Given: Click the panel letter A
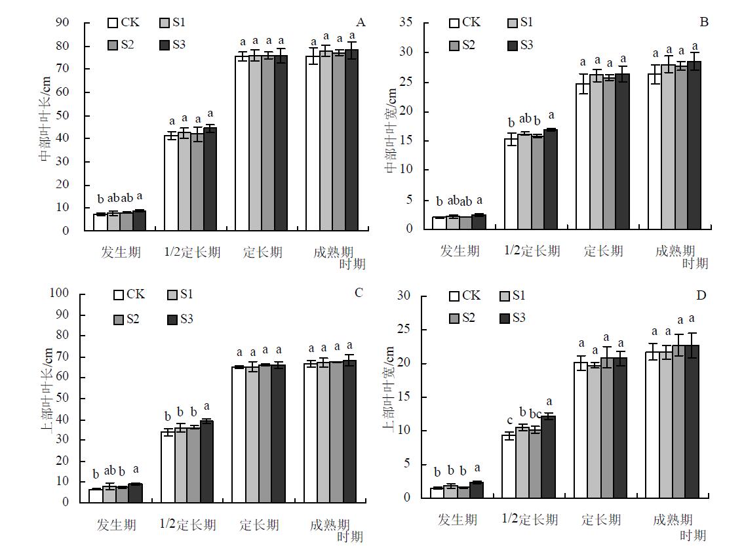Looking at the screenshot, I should (361, 23).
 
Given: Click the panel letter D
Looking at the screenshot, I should (701, 296).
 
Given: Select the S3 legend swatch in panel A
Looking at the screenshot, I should (165, 45).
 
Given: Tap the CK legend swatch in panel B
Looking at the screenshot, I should (454, 23).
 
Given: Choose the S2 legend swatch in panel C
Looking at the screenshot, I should (119, 319).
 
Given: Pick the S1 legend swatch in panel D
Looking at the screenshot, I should (505, 296).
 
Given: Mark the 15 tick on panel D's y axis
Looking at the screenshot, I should (404, 397).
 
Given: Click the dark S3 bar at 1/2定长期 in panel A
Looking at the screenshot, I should (210, 179).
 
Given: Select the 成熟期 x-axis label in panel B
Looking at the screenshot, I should (675, 251).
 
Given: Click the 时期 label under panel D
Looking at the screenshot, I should (692, 536).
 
